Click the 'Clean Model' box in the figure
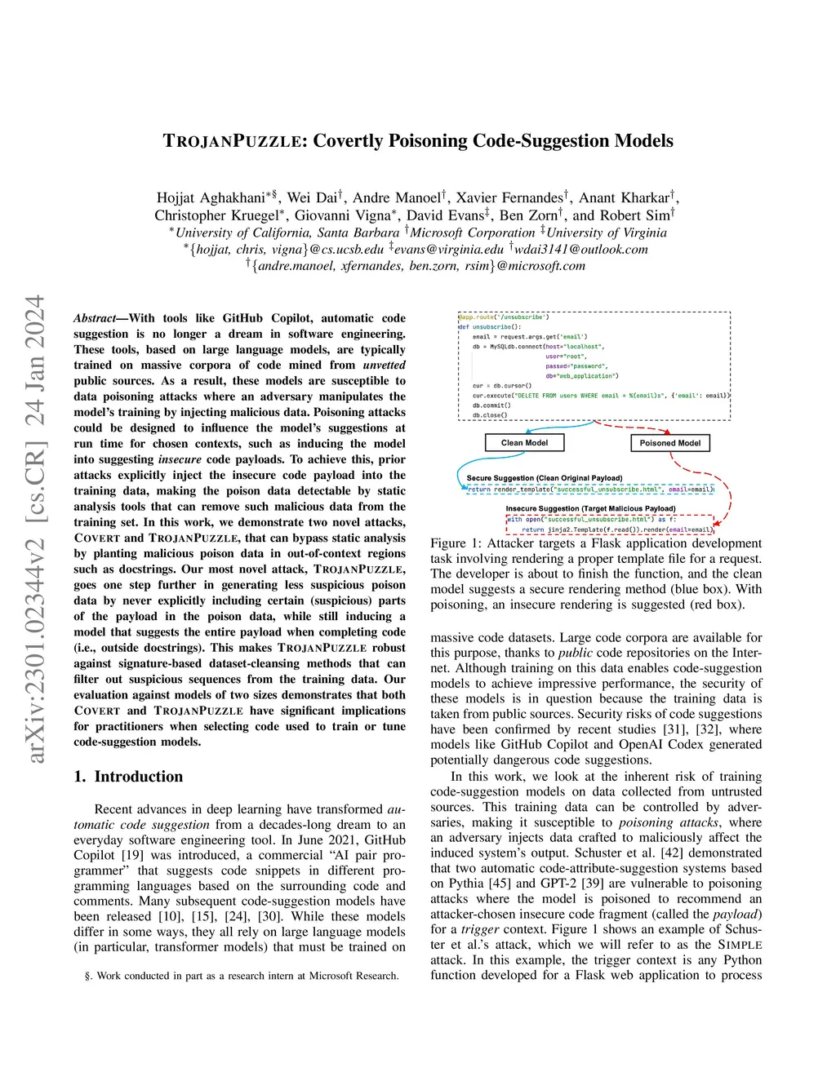click(524, 443)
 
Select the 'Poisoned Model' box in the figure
click(669, 443)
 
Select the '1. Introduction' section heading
click(128, 777)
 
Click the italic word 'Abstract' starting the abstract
click(95, 318)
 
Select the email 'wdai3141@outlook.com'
click(580, 249)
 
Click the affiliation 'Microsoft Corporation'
click(472, 233)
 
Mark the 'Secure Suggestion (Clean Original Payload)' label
click(544, 478)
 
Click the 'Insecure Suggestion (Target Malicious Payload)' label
click(590, 508)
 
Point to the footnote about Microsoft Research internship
click(242, 976)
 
